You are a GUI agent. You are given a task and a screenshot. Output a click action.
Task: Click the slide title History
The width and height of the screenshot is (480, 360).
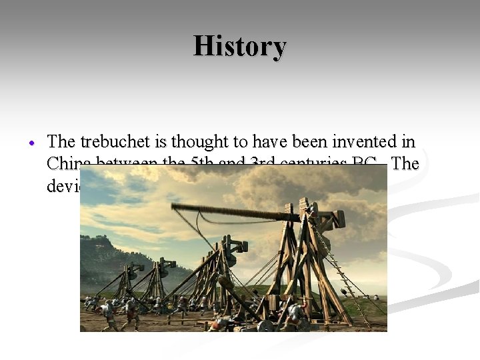coord(240,47)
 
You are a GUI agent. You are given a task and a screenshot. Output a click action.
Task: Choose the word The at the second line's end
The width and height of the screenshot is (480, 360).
coord(405,163)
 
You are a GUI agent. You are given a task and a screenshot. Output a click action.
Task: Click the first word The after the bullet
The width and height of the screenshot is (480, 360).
coord(62,141)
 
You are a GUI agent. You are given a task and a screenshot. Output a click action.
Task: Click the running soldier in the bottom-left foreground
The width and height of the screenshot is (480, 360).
coord(107,317)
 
